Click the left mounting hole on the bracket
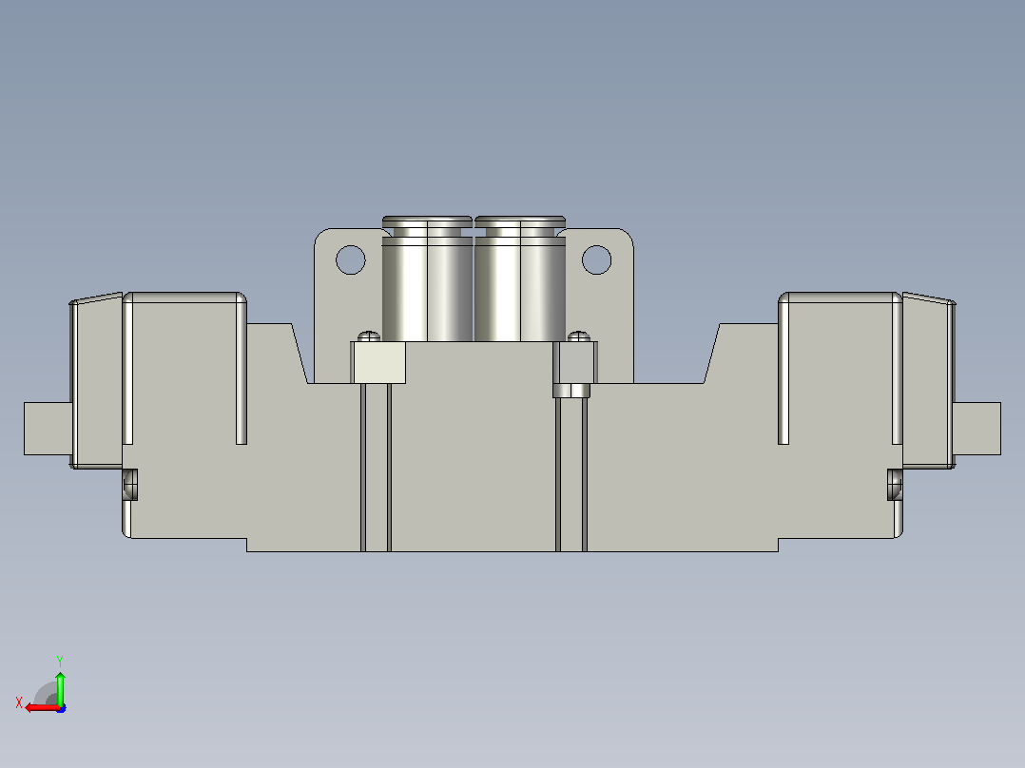click(350, 259)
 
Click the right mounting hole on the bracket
click(596, 259)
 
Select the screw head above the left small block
click(369, 336)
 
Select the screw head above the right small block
click(578, 336)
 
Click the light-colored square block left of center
click(378, 362)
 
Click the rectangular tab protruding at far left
click(48, 428)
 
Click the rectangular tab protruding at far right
click(977, 428)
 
